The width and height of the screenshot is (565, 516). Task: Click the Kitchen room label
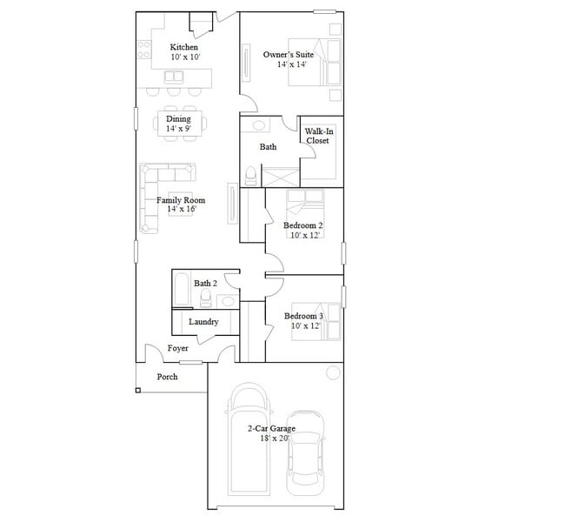pyautogui.click(x=183, y=47)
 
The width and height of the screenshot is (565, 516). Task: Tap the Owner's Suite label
pyautogui.click(x=289, y=55)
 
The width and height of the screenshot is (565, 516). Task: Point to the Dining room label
pyautogui.click(x=178, y=119)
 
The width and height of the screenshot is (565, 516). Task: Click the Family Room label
pyautogui.click(x=181, y=200)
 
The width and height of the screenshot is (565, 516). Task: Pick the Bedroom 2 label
pyautogui.click(x=303, y=225)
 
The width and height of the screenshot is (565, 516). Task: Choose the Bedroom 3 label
pyautogui.click(x=303, y=316)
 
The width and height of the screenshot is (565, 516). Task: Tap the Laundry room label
pyautogui.click(x=203, y=322)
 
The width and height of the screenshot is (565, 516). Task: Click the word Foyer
pyautogui.click(x=177, y=349)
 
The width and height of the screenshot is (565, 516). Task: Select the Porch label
pyautogui.click(x=167, y=377)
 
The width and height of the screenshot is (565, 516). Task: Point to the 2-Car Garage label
pyautogui.click(x=271, y=429)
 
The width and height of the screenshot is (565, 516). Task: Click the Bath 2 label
pyautogui.click(x=205, y=284)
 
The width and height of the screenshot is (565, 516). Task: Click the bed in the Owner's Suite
pyautogui.click(x=329, y=63)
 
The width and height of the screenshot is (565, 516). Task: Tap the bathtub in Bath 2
pyautogui.click(x=181, y=291)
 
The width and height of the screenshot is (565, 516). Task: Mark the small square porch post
pyautogui.click(x=137, y=390)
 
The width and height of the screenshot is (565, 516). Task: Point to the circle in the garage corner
pyautogui.click(x=332, y=373)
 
